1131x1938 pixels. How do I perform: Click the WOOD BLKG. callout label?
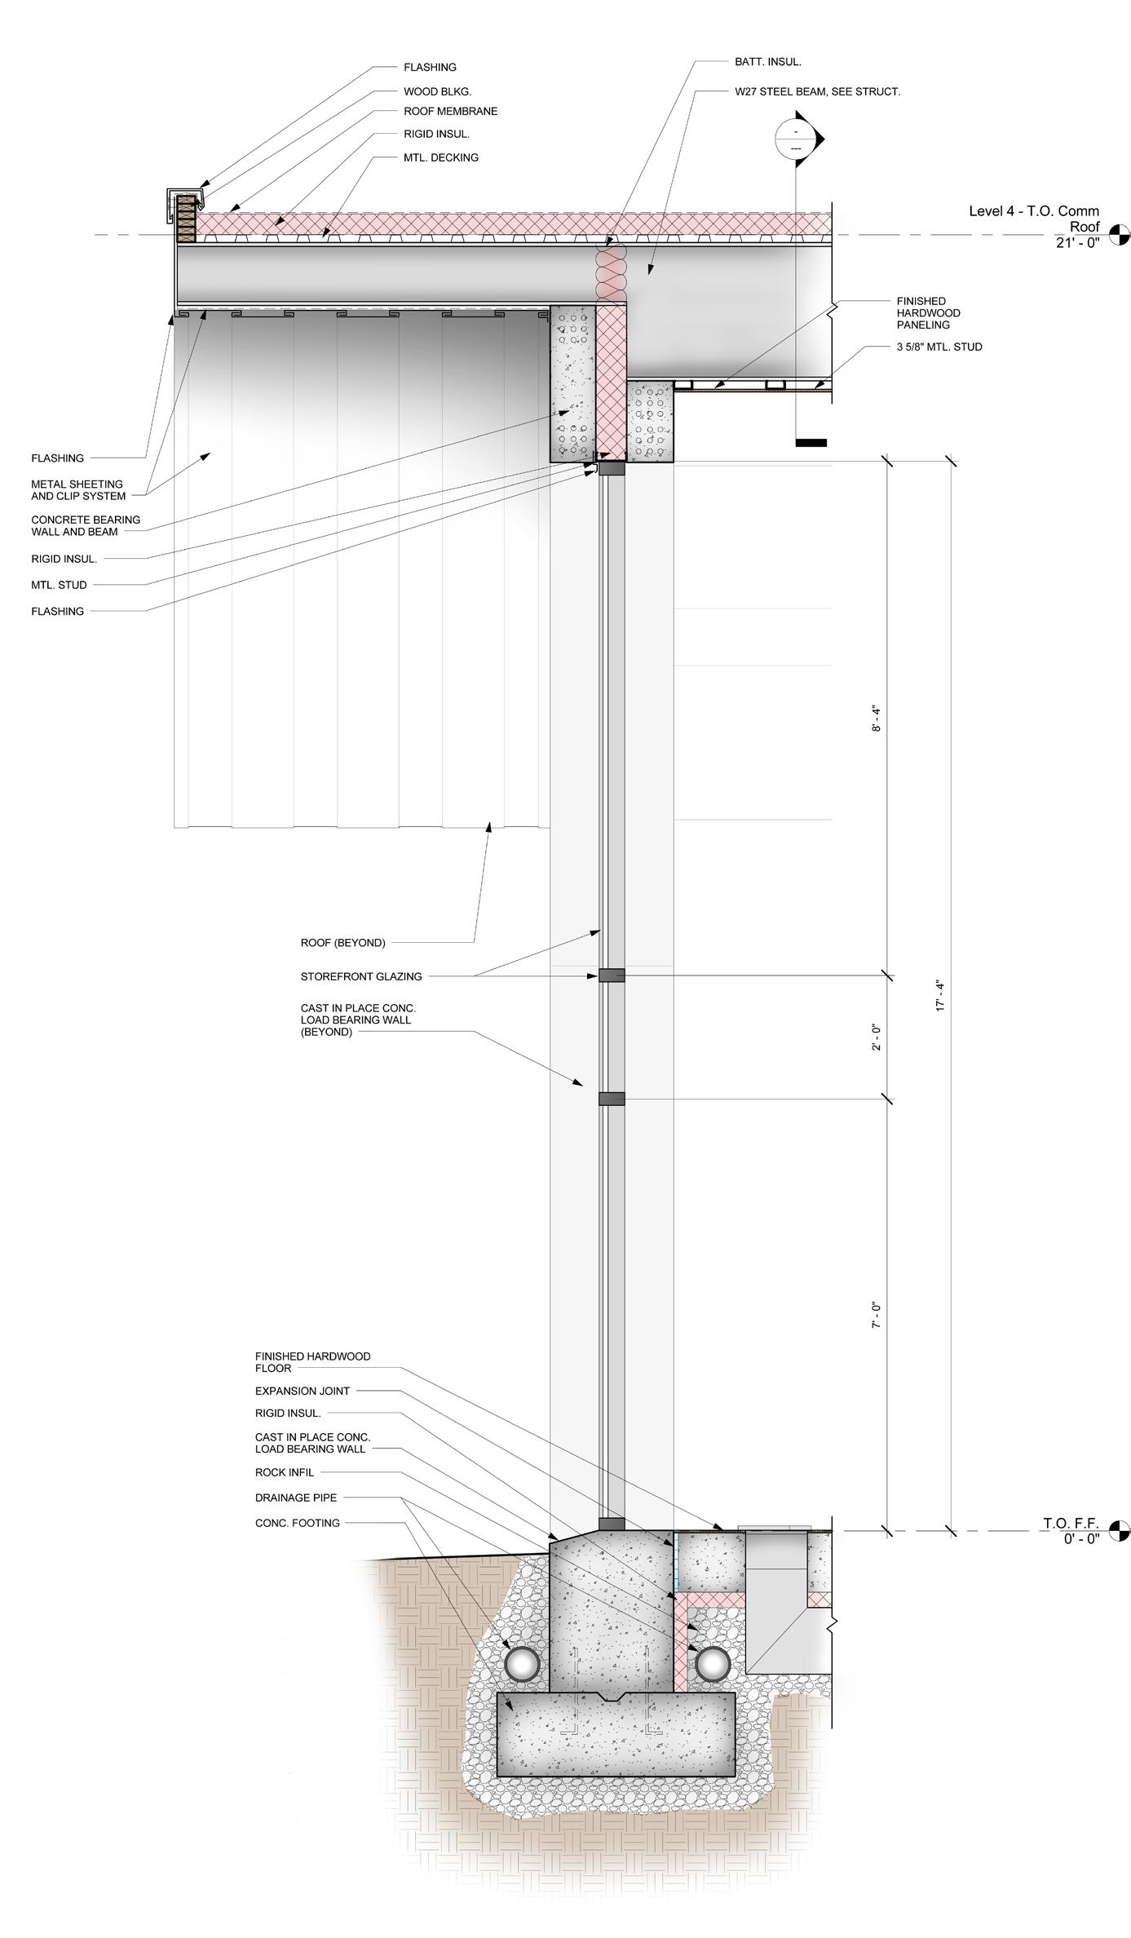click(437, 91)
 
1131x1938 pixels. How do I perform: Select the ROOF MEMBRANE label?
click(450, 111)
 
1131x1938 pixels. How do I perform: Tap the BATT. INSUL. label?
click(767, 61)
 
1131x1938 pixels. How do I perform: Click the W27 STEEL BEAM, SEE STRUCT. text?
click(817, 91)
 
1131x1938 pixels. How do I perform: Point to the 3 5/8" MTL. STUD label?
click(939, 347)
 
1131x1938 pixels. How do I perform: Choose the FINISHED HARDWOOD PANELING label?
click(928, 313)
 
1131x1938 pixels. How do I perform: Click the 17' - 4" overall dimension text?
click(940, 996)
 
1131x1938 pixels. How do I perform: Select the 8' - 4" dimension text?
click(877, 717)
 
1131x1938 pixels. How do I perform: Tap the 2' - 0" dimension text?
click(877, 1037)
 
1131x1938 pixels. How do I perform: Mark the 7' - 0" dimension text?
click(877, 1316)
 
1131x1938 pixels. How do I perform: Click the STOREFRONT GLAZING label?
click(361, 976)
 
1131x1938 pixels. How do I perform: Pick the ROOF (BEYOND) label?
click(342, 943)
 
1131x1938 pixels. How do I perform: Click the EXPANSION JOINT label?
click(302, 1391)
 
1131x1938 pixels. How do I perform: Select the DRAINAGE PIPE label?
click(295, 1498)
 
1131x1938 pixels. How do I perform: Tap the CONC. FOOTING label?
click(297, 1523)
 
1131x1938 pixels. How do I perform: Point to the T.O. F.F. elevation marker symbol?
click(1120, 1531)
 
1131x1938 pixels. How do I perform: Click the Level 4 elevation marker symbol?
click(1120, 235)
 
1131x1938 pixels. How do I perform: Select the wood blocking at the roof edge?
click(187, 218)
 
